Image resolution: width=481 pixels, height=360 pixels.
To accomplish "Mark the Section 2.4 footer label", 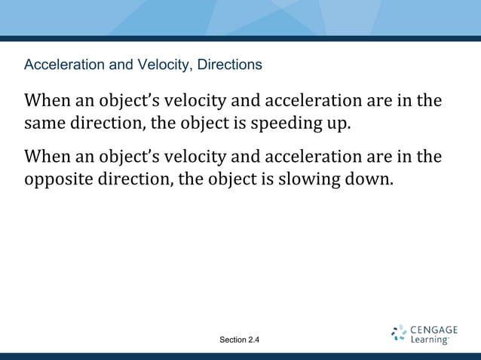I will (x=239, y=340).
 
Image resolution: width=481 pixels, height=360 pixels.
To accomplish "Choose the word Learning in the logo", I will (x=430, y=340).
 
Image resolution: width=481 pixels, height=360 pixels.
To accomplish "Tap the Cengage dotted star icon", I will (x=399, y=334).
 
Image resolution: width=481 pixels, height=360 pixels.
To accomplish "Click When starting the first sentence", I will (x=47, y=100).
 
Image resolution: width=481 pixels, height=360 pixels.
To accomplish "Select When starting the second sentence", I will (x=47, y=157).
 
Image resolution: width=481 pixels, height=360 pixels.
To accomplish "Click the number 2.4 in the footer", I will (x=251, y=340).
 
